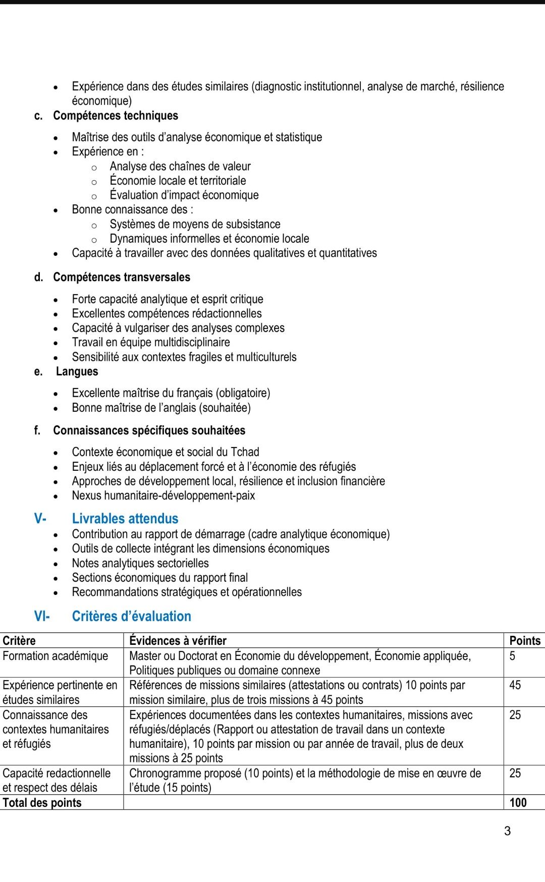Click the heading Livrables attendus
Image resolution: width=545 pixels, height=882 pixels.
pyautogui.click(x=125, y=519)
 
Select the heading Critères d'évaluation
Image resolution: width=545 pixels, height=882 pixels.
pyautogui.click(x=131, y=616)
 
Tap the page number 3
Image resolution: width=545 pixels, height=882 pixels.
pyautogui.click(x=507, y=831)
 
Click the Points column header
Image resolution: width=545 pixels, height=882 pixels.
pyautogui.click(x=524, y=641)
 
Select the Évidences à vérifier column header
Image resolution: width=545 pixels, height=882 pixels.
pyautogui.click(x=178, y=641)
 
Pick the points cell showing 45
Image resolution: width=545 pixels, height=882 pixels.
pyautogui.click(x=515, y=685)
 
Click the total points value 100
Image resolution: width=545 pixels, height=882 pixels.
pyautogui.click(x=518, y=802)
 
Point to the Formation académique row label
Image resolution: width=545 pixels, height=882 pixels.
pyautogui.click(x=56, y=656)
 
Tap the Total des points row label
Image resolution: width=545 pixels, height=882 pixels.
pyautogui.click(x=42, y=802)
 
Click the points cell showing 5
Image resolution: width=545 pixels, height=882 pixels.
pyautogui.click(x=512, y=656)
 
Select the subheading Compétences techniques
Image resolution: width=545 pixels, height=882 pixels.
pyautogui.click(x=116, y=116)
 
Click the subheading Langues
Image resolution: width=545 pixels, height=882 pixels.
pyautogui.click(x=77, y=371)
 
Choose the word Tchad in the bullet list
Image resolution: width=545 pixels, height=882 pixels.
pyautogui.click(x=245, y=452)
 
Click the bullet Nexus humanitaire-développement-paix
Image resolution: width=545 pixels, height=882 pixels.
pyautogui.click(x=163, y=495)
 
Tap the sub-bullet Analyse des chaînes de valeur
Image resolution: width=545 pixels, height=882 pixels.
pyautogui.click(x=180, y=167)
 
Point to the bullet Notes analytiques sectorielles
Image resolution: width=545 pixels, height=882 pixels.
pyautogui.click(x=140, y=563)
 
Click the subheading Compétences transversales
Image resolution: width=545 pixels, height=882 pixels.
pyautogui.click(x=122, y=277)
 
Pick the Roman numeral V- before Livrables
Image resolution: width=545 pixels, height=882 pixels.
pyautogui.click(x=40, y=519)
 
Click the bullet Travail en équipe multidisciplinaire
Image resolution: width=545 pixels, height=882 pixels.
pyautogui.click(x=151, y=342)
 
